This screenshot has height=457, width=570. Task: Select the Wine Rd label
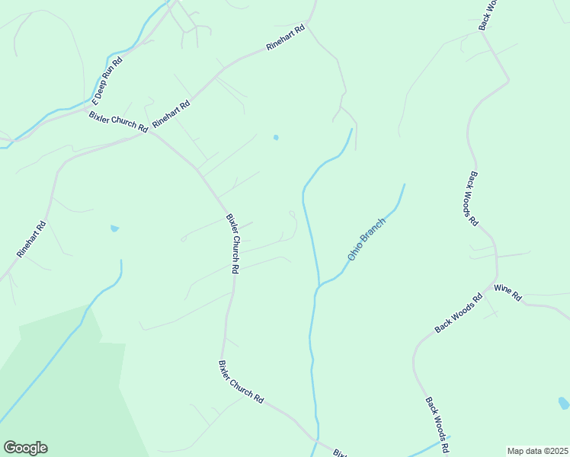[507, 292]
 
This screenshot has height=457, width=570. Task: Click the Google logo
[25, 448]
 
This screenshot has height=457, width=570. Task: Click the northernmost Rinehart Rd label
[286, 38]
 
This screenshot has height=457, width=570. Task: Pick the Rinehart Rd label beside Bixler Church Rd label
[171, 113]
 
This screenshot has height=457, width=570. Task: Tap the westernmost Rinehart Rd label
[32, 238]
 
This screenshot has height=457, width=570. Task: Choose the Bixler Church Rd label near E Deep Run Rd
[118, 122]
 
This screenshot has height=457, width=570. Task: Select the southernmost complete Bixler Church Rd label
[241, 382]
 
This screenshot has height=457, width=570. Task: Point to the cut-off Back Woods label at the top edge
[488, 14]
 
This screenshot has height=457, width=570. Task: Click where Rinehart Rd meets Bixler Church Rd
[152, 131]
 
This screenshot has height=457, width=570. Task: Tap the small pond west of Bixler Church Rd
[114, 228]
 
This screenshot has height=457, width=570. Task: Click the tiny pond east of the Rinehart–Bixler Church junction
[276, 138]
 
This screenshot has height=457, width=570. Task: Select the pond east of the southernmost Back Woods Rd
[563, 403]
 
